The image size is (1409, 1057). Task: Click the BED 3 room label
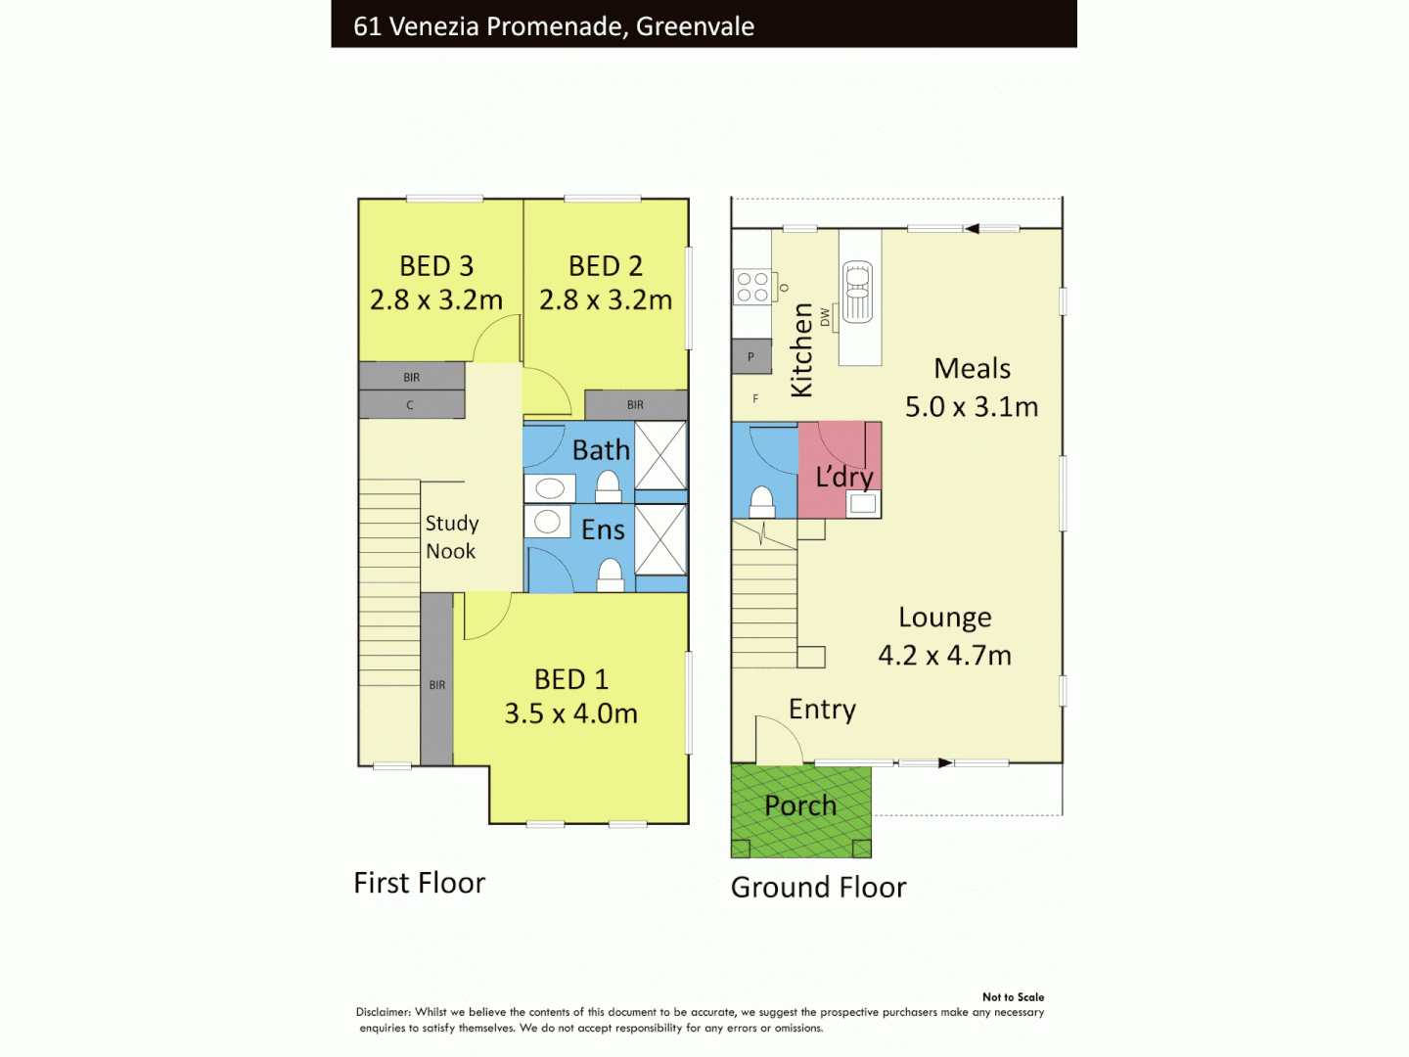tap(436, 266)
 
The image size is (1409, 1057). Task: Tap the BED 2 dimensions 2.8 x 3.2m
tap(606, 299)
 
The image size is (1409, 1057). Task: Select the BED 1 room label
tap(571, 679)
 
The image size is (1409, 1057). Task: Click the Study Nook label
tap(451, 537)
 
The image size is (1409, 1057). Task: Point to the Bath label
tap(601, 450)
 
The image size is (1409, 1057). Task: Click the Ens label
tap(603, 530)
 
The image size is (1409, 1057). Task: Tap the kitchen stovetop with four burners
tap(752, 287)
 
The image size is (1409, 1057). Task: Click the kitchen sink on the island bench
tap(858, 291)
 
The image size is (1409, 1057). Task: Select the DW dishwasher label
tap(825, 317)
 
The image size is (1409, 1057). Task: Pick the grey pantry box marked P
tap(751, 357)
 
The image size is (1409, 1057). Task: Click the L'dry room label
tap(844, 477)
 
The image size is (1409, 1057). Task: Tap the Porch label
tap(800, 805)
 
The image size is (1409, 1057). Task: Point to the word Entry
tap(822, 710)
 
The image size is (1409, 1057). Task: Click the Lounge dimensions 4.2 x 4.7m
tap(944, 655)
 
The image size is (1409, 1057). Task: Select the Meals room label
tap(972, 369)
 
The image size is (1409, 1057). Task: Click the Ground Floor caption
tap(818, 888)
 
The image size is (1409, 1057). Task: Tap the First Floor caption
tap(419, 883)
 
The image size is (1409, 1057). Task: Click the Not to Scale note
tap(1013, 997)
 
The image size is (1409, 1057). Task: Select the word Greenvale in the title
tap(695, 26)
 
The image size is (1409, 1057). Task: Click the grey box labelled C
tap(411, 405)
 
